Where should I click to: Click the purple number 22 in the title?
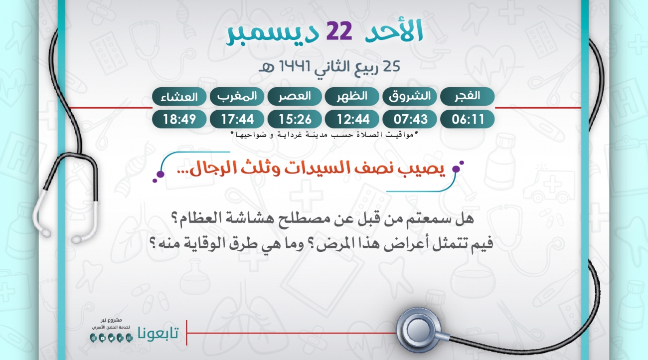(x=339, y=31)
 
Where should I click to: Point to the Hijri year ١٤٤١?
(x=295, y=66)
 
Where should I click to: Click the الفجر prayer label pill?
(x=467, y=96)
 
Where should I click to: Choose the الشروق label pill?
(x=410, y=96)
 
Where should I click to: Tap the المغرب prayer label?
(x=237, y=96)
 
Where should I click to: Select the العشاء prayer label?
(x=179, y=96)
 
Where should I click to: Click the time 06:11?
(x=468, y=119)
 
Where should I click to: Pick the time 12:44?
(x=352, y=119)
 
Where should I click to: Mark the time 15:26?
(x=295, y=119)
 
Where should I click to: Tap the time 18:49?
(x=179, y=119)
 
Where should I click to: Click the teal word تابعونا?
(x=158, y=333)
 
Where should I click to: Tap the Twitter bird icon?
(x=111, y=338)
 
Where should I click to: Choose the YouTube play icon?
(x=102, y=338)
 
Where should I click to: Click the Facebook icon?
(x=120, y=338)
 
